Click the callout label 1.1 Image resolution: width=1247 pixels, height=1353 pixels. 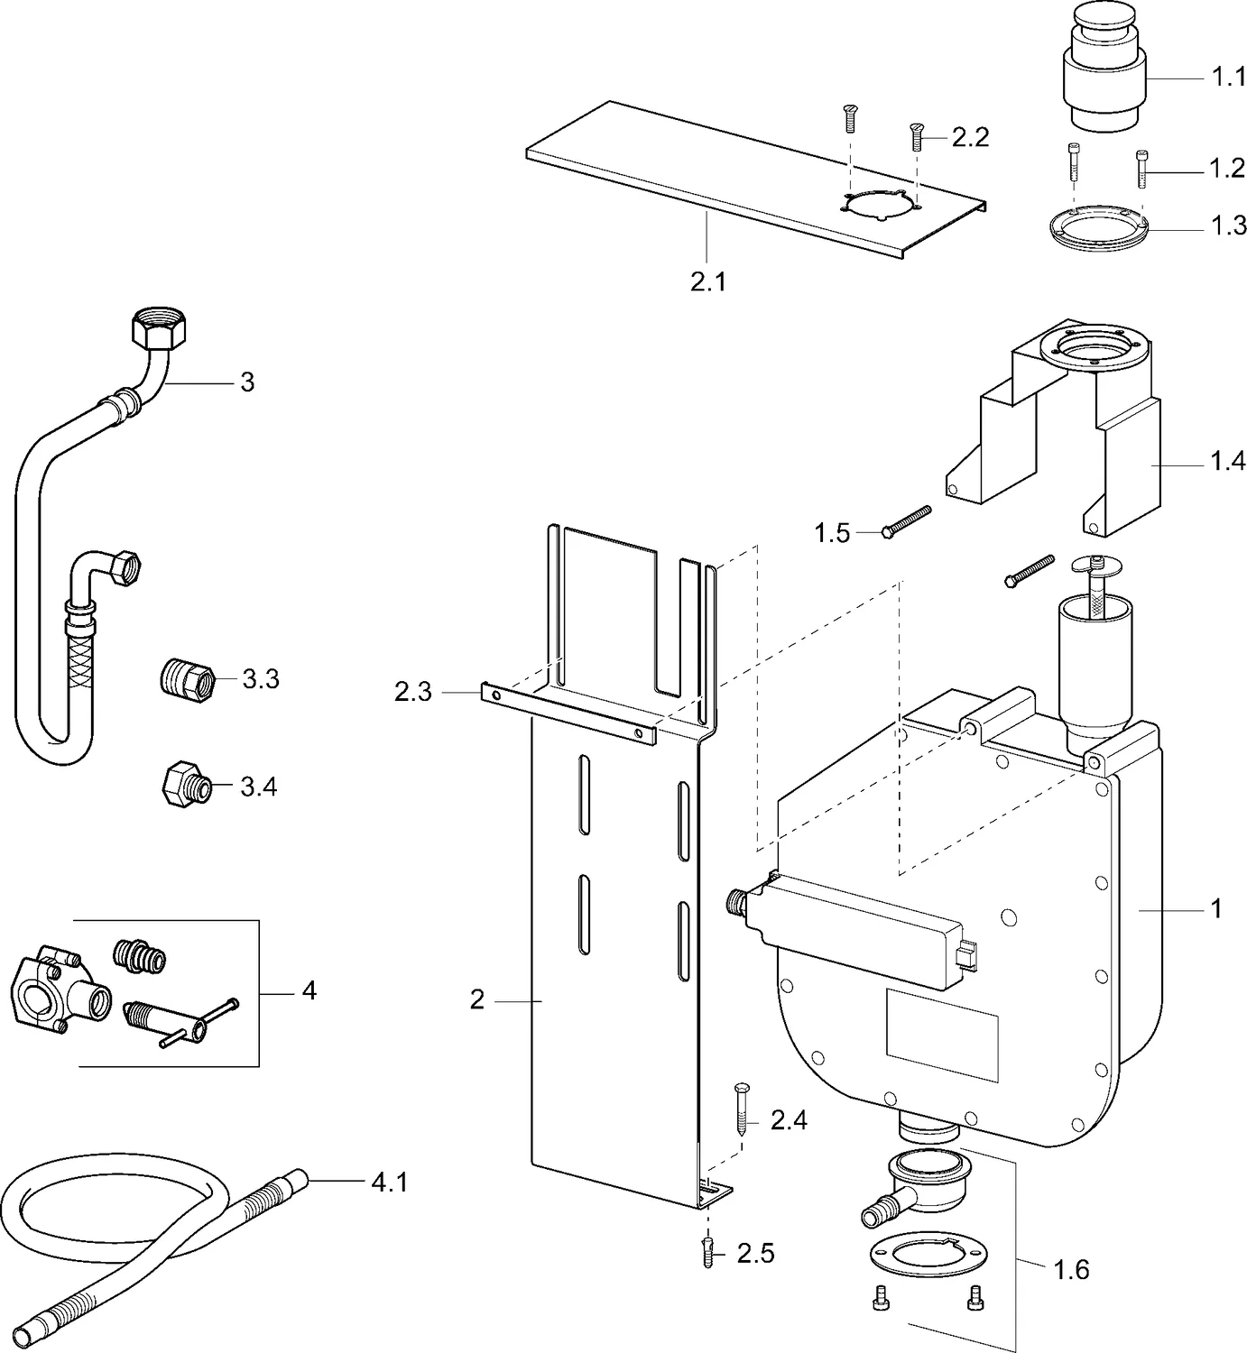[1227, 78]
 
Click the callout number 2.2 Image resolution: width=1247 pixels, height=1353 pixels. [971, 137]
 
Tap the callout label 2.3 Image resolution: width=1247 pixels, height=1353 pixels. [413, 692]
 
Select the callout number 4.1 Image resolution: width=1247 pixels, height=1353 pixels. [390, 1181]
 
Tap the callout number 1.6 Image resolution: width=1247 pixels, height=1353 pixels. [1071, 1270]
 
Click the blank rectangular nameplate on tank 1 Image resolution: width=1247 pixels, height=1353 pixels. [941, 1034]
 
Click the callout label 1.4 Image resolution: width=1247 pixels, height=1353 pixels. [1227, 463]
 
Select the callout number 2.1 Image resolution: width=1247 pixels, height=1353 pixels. [707, 281]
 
